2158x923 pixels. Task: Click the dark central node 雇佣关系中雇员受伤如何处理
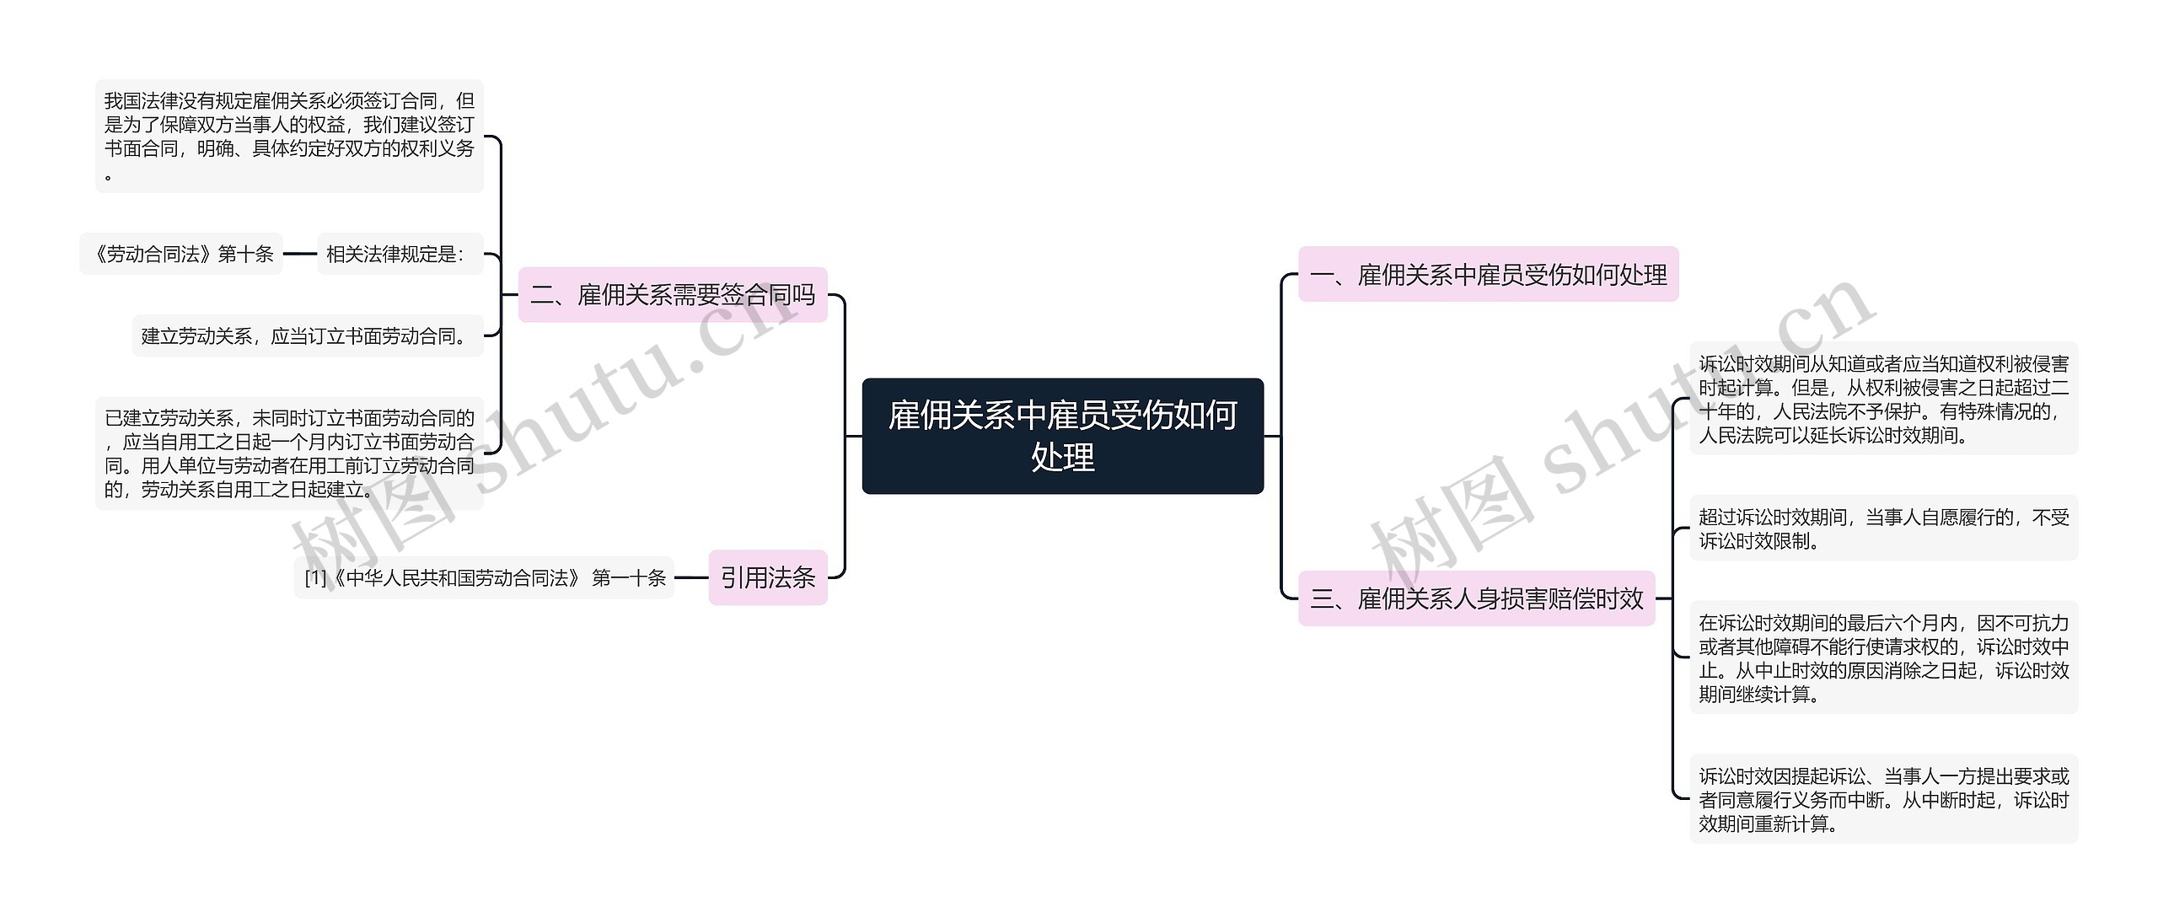[1062, 435]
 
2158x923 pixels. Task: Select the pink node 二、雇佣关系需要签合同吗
[672, 295]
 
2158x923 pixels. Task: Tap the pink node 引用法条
[767, 577]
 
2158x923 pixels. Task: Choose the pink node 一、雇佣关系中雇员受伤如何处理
[1488, 275]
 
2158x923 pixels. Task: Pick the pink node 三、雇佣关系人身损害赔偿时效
[1476, 598]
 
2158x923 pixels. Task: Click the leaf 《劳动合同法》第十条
[181, 255]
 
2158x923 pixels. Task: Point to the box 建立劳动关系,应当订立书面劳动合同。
[308, 336]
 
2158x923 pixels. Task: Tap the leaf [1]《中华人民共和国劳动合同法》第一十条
[484, 578]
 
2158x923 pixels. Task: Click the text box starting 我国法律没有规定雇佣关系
[289, 137]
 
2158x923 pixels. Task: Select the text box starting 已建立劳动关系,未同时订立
[289, 453]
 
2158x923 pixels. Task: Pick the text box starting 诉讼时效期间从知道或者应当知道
[1883, 400]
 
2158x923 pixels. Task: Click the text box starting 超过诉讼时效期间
[1883, 529]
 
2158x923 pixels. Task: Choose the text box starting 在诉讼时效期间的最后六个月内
[1883, 657]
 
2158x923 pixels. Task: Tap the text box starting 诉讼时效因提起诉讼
[1883, 799]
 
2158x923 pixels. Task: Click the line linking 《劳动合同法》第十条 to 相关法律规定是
[300, 254]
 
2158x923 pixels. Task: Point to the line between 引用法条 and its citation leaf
[691, 577]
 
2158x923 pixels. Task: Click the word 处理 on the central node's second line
[1062, 458]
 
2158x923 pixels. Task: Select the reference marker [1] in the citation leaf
[315, 578]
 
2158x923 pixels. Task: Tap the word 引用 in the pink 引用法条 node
[743, 577]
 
